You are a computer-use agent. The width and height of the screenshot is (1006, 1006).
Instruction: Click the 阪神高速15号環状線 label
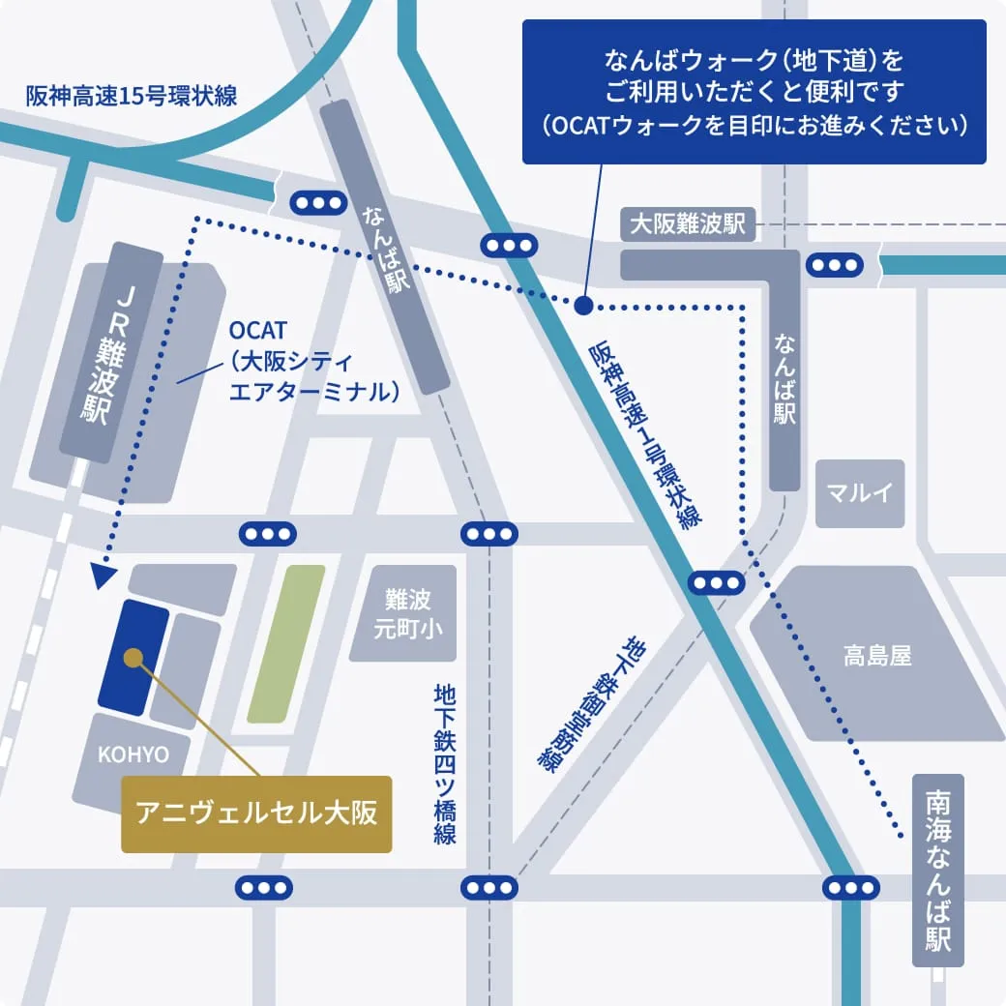coord(132,96)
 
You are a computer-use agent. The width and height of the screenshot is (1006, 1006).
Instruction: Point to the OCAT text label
coord(259,333)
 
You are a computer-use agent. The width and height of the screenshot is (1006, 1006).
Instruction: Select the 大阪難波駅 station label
coord(687,224)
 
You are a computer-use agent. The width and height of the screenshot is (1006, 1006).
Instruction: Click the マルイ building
coord(859,493)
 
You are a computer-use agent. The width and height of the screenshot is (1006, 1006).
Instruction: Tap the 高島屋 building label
coord(875,657)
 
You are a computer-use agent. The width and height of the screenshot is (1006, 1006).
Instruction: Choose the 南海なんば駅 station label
coord(937,871)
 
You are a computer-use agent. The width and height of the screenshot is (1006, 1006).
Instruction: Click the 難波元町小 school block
coord(401,613)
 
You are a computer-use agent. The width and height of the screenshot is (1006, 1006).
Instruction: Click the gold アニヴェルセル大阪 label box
coord(256,814)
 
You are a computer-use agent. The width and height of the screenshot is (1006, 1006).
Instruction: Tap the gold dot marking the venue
coord(133,658)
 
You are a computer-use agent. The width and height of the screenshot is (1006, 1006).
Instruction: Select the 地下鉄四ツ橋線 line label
coord(445,764)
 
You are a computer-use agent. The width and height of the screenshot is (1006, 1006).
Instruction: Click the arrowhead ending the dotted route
coord(100,578)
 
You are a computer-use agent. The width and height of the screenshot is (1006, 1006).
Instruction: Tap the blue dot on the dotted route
coord(583,306)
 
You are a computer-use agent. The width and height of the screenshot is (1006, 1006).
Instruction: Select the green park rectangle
coord(285,644)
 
